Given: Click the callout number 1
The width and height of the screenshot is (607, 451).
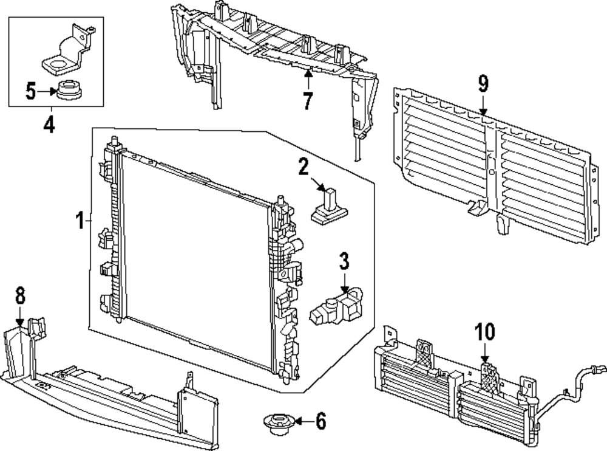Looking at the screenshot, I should [x=80, y=220].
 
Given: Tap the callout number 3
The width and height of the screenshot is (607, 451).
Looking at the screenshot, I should [x=344, y=263].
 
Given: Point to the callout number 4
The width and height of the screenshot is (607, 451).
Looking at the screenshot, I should [x=49, y=126].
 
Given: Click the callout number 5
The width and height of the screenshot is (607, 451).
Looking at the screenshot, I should [x=32, y=92].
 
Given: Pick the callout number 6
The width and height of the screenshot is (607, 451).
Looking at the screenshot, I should [x=320, y=420].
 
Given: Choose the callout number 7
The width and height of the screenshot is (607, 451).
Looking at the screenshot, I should [x=308, y=101].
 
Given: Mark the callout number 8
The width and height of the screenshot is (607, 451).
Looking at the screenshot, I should [x=21, y=296].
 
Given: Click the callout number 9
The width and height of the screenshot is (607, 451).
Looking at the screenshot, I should [x=483, y=84].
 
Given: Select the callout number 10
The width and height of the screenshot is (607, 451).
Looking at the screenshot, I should [x=485, y=332].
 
